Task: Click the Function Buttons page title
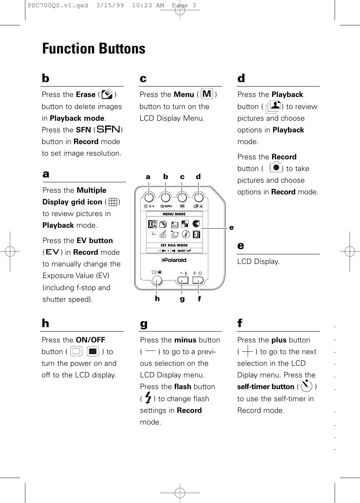tap(94, 49)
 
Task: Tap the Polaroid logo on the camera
tap(174, 260)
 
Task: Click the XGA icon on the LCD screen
tap(153, 224)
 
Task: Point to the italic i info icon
tap(186, 234)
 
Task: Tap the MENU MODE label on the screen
tap(174, 214)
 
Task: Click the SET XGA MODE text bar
tap(174, 245)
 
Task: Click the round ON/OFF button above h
tap(157, 280)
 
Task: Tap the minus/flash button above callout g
tap(183, 280)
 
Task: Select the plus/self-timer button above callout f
tap(199, 280)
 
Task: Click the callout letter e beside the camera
tap(231, 227)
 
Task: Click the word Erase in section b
tap(85, 95)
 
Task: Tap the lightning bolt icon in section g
tap(148, 398)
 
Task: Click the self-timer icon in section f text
tap(306, 386)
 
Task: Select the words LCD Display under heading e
tap(259, 262)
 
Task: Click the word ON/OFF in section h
tap(91, 340)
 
